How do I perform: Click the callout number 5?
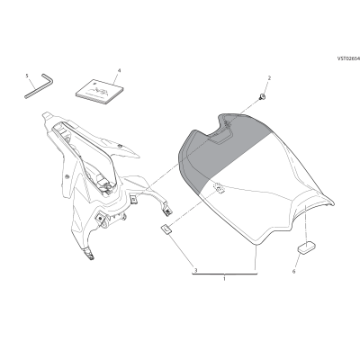click(27, 76)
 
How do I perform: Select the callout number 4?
click(119, 70)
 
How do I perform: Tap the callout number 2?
click(269, 78)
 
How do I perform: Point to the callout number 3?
click(195, 270)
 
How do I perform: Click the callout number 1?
click(224, 279)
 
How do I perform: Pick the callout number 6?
click(293, 272)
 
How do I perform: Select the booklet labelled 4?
click(100, 92)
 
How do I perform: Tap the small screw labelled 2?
click(263, 97)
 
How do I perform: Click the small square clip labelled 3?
click(166, 229)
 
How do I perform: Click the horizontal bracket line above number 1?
click(225, 274)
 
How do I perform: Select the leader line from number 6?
click(298, 260)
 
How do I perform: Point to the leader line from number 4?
click(115, 79)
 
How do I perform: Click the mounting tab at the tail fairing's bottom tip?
click(89, 254)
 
